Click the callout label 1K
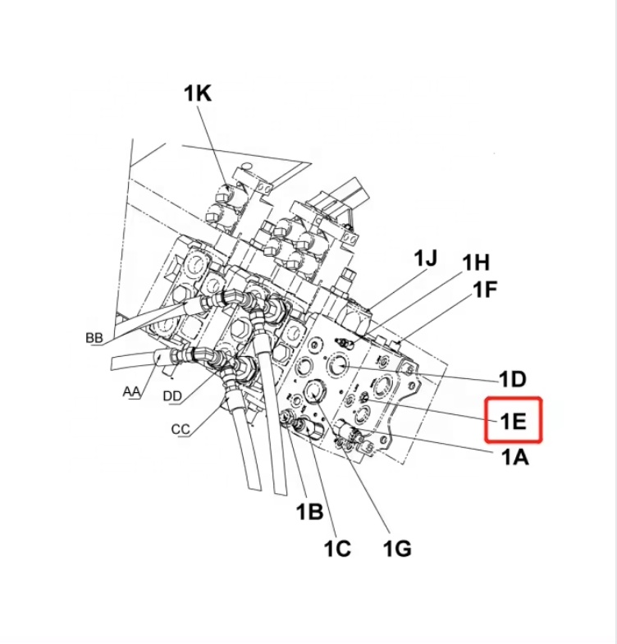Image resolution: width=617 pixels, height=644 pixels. coord(197,94)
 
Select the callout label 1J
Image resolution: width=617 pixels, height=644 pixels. coord(424,258)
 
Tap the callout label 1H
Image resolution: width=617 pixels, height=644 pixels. coord(475,263)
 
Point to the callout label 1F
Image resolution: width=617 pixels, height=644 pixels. coord(485,290)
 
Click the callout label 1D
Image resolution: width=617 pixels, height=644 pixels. coord(512,379)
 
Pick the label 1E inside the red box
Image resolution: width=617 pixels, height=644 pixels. coord(513,421)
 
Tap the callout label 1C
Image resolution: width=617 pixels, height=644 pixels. coord(336,548)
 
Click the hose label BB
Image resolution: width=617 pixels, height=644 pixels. coord(94,338)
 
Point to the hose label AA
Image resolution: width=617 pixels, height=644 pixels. coord(131,391)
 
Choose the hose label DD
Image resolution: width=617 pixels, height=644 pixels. coord(172,396)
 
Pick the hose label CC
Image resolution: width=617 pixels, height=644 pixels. coord(181,428)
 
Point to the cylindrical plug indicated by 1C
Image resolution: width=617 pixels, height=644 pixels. coord(309,427)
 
